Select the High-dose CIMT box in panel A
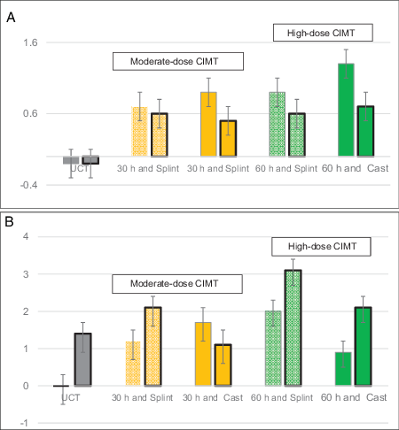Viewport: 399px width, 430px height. click(x=321, y=33)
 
